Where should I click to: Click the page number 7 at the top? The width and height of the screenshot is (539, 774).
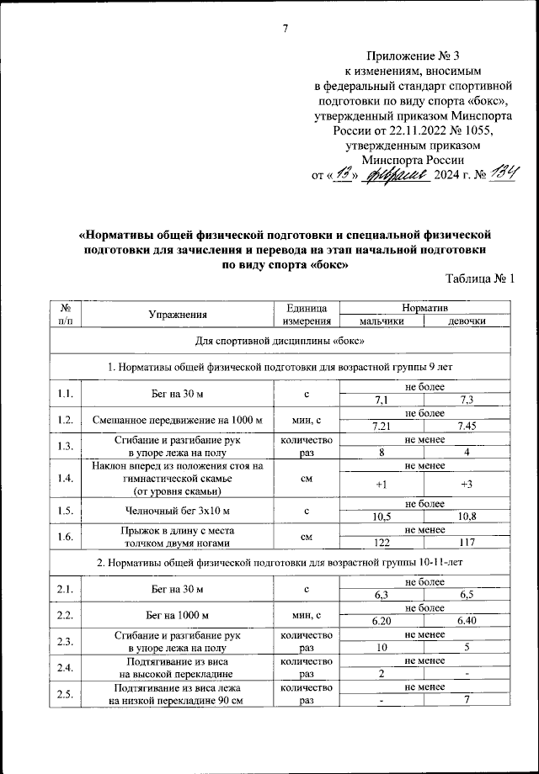pos(286,30)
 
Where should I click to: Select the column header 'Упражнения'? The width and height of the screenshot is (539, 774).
pos(178,315)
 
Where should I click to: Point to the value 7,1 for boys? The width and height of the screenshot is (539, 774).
pos(381,400)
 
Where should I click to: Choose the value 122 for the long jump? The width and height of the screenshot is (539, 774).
pos(381,543)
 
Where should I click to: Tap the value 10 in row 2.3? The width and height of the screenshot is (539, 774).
pos(381,649)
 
